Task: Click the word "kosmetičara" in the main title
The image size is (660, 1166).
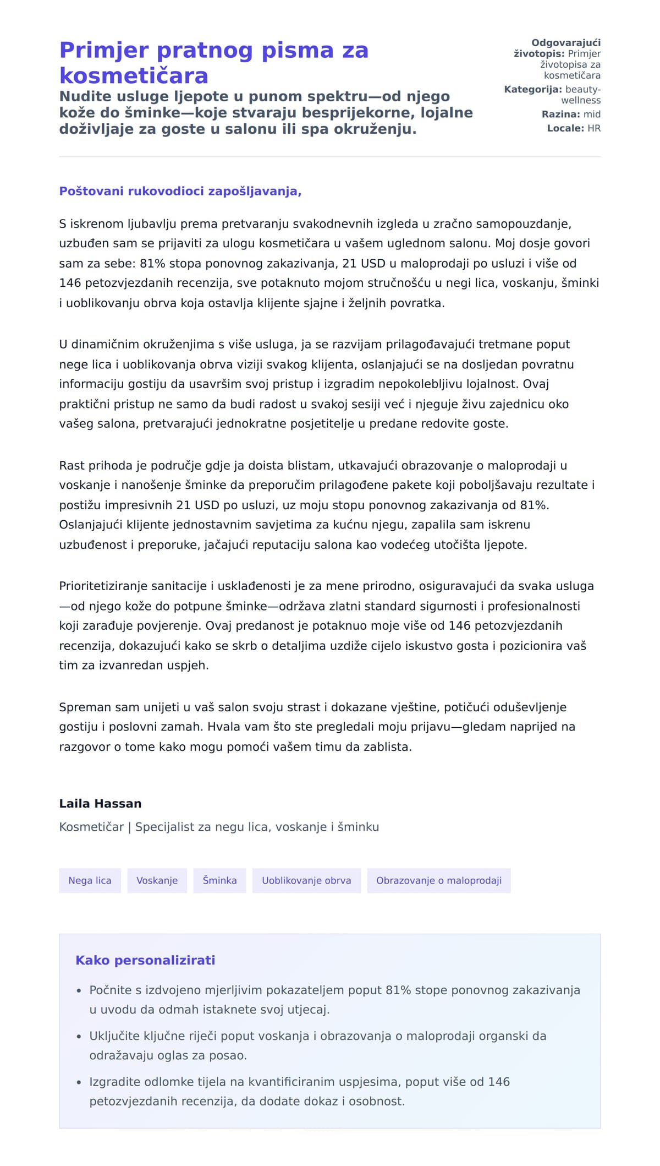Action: coord(134,75)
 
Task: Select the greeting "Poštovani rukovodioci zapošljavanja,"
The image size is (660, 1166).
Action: coord(180,191)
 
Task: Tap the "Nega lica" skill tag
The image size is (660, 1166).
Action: coord(90,880)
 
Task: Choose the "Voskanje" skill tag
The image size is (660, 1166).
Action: coord(157,880)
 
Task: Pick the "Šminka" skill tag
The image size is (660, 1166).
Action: coord(219,880)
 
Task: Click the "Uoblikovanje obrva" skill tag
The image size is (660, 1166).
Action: coord(306,880)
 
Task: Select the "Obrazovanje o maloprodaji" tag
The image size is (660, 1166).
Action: coord(438,880)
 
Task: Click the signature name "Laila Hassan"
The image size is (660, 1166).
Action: coord(100,803)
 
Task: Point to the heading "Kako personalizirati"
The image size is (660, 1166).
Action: coord(145,960)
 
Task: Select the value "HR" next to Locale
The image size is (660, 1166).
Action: coord(594,128)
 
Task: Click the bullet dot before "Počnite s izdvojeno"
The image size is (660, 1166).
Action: coord(79,990)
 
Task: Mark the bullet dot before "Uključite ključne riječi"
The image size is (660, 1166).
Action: coord(79,1036)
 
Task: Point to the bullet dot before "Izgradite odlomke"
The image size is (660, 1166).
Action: coord(79,1082)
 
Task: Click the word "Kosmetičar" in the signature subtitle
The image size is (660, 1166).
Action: coord(91,827)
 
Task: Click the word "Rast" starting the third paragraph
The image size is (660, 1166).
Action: coord(71,465)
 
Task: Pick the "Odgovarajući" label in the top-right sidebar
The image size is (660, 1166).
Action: coord(566,43)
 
